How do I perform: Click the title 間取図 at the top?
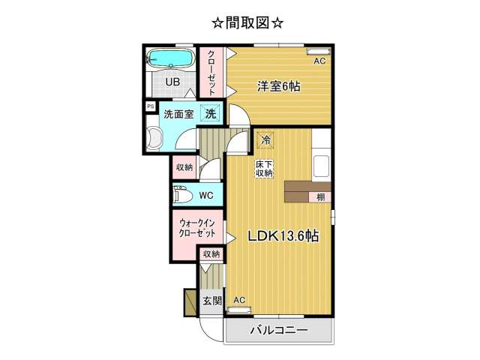247,23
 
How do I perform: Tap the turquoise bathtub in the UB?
171,58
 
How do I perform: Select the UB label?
172,82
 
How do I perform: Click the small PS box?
150,106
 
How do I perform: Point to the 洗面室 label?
178,114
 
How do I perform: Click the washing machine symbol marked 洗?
211,113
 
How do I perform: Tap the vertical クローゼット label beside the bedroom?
211,72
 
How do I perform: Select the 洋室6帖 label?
278,87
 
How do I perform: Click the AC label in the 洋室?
319,61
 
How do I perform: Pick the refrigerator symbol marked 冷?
265,140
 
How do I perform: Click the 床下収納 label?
264,168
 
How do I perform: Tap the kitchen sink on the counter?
321,166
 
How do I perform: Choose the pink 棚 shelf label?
320,196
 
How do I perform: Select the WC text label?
206,195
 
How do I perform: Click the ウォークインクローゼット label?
197,228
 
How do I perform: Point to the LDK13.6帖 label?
283,236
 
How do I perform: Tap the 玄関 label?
211,301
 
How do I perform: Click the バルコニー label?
279,331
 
